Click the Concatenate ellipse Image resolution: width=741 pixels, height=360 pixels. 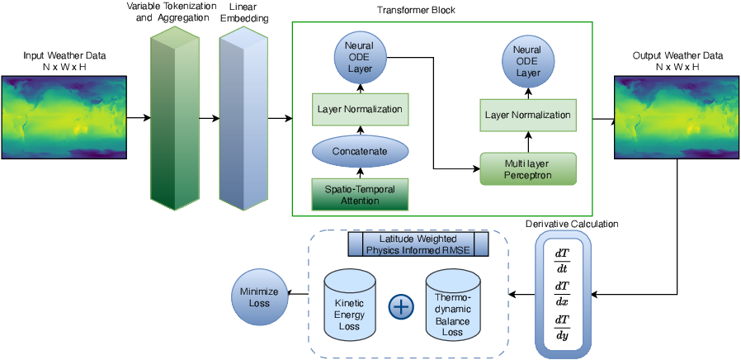click(x=360, y=151)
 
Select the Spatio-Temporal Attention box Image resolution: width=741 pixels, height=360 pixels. click(x=360, y=194)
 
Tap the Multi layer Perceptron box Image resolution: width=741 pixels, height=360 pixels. click(x=528, y=168)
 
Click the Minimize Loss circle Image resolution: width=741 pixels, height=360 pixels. click(x=259, y=296)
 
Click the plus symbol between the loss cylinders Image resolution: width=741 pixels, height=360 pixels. click(x=401, y=306)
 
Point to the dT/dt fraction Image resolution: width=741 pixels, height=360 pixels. click(x=562, y=260)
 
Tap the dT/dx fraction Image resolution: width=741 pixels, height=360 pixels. click(x=562, y=294)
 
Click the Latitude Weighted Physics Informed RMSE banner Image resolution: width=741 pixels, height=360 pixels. click(x=418, y=244)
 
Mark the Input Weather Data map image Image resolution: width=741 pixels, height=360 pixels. click(x=64, y=117)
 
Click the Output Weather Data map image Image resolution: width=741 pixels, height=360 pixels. click(x=677, y=117)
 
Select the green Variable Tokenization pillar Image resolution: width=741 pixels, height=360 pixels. click(x=175, y=117)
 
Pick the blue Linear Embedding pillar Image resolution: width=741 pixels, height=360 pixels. click(x=244, y=117)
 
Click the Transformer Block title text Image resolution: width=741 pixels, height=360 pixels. click(x=416, y=11)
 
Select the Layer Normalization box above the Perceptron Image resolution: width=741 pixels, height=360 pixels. click(x=528, y=115)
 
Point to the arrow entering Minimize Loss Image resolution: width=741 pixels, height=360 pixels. click(x=298, y=294)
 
